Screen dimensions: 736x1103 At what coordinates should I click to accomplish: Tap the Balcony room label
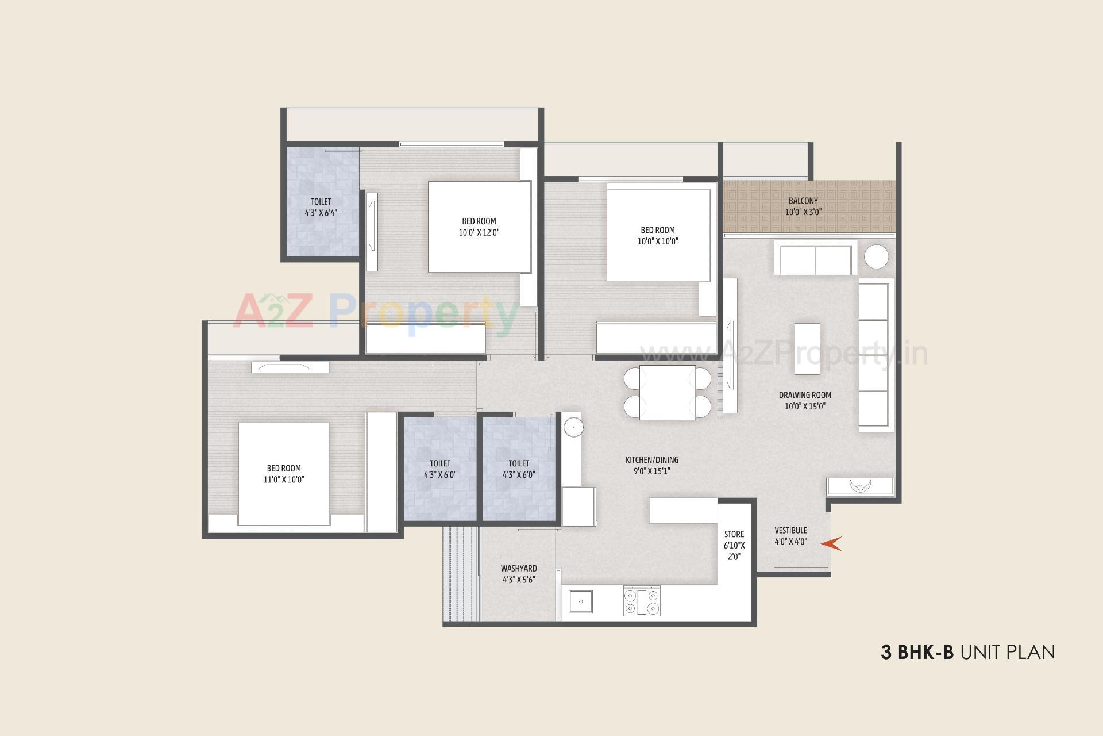(x=803, y=201)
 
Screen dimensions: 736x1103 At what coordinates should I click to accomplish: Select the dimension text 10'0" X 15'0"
(x=805, y=406)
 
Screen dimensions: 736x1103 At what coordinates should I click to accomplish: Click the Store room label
(x=734, y=534)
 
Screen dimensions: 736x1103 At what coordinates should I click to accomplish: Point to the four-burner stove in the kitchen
(x=642, y=601)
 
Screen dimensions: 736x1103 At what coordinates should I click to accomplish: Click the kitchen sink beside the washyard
(x=581, y=601)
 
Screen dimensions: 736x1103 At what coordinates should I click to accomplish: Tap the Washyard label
(x=519, y=568)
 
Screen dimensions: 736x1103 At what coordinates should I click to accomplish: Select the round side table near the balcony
(x=877, y=257)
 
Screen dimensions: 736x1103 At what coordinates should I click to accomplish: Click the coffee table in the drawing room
(x=807, y=348)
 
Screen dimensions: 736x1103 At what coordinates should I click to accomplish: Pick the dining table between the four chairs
(x=667, y=392)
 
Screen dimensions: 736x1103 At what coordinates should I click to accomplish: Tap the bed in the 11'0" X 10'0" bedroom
(x=284, y=474)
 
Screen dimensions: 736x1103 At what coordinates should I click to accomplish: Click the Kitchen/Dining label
(x=651, y=460)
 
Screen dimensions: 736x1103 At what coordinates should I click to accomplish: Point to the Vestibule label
(x=790, y=530)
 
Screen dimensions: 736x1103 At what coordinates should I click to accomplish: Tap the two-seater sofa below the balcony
(x=815, y=259)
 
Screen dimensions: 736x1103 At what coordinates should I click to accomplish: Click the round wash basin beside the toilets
(x=573, y=427)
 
